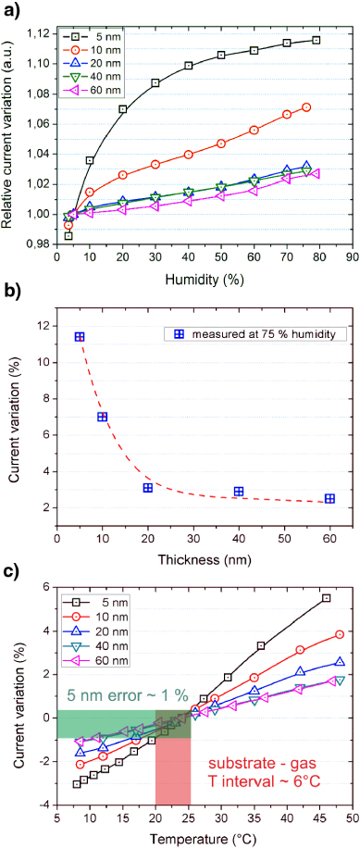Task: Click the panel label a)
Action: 13,12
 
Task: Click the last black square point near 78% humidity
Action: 316,40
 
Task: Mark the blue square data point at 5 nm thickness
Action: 80,337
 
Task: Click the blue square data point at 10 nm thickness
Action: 102,417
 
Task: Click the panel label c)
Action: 13,574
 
